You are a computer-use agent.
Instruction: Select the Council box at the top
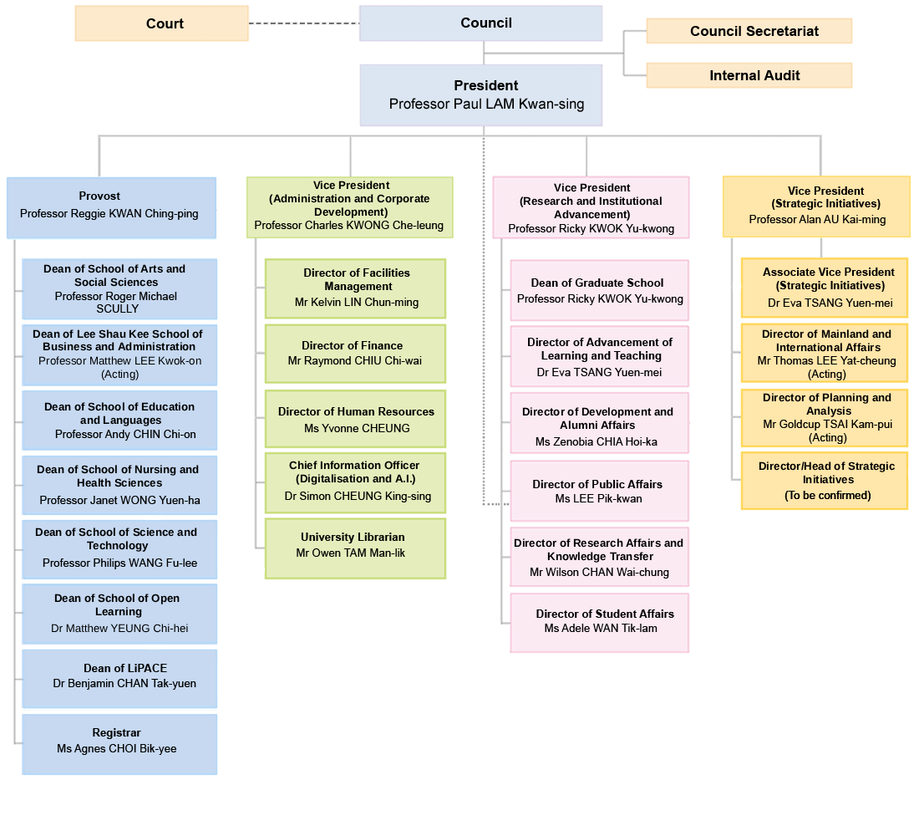[480, 23]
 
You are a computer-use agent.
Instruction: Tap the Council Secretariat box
[749, 32]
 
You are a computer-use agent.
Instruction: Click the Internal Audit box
[749, 75]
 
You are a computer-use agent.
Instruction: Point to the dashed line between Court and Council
[303, 23]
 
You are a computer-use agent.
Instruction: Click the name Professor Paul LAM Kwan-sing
[486, 104]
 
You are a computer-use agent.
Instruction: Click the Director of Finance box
[355, 354]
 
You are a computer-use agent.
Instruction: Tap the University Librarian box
[355, 548]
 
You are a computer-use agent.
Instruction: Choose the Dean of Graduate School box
[599, 290]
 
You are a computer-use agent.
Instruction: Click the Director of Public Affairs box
[599, 491]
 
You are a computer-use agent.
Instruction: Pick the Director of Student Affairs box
[599, 622]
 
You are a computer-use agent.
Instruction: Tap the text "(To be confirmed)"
[827, 495]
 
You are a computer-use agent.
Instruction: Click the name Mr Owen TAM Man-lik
[351, 553]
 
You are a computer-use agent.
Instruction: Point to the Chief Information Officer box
[355, 482]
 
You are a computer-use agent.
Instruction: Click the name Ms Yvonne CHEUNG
[357, 428]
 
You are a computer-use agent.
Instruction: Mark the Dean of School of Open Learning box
[119, 614]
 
